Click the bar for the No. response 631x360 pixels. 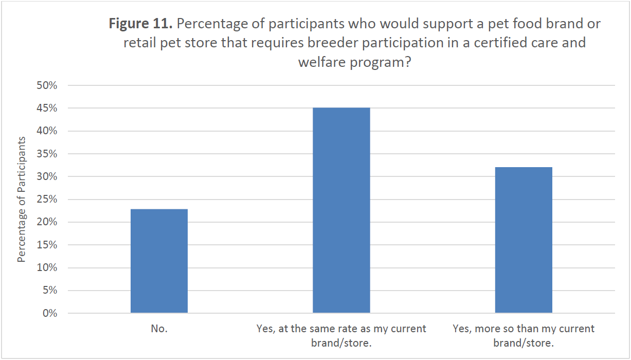(159, 261)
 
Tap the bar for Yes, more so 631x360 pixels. (524, 240)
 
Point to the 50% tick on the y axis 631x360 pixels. (47, 85)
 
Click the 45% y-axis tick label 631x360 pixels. (47, 109)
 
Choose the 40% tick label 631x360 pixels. (47, 131)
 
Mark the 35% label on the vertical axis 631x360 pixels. (47, 154)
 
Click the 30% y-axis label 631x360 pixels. (47, 176)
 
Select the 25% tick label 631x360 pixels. (47, 200)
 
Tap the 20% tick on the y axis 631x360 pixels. (47, 222)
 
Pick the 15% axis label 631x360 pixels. (47, 245)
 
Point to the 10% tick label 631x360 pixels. (47, 267)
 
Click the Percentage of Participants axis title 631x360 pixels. (22, 199)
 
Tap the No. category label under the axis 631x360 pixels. (159, 329)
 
